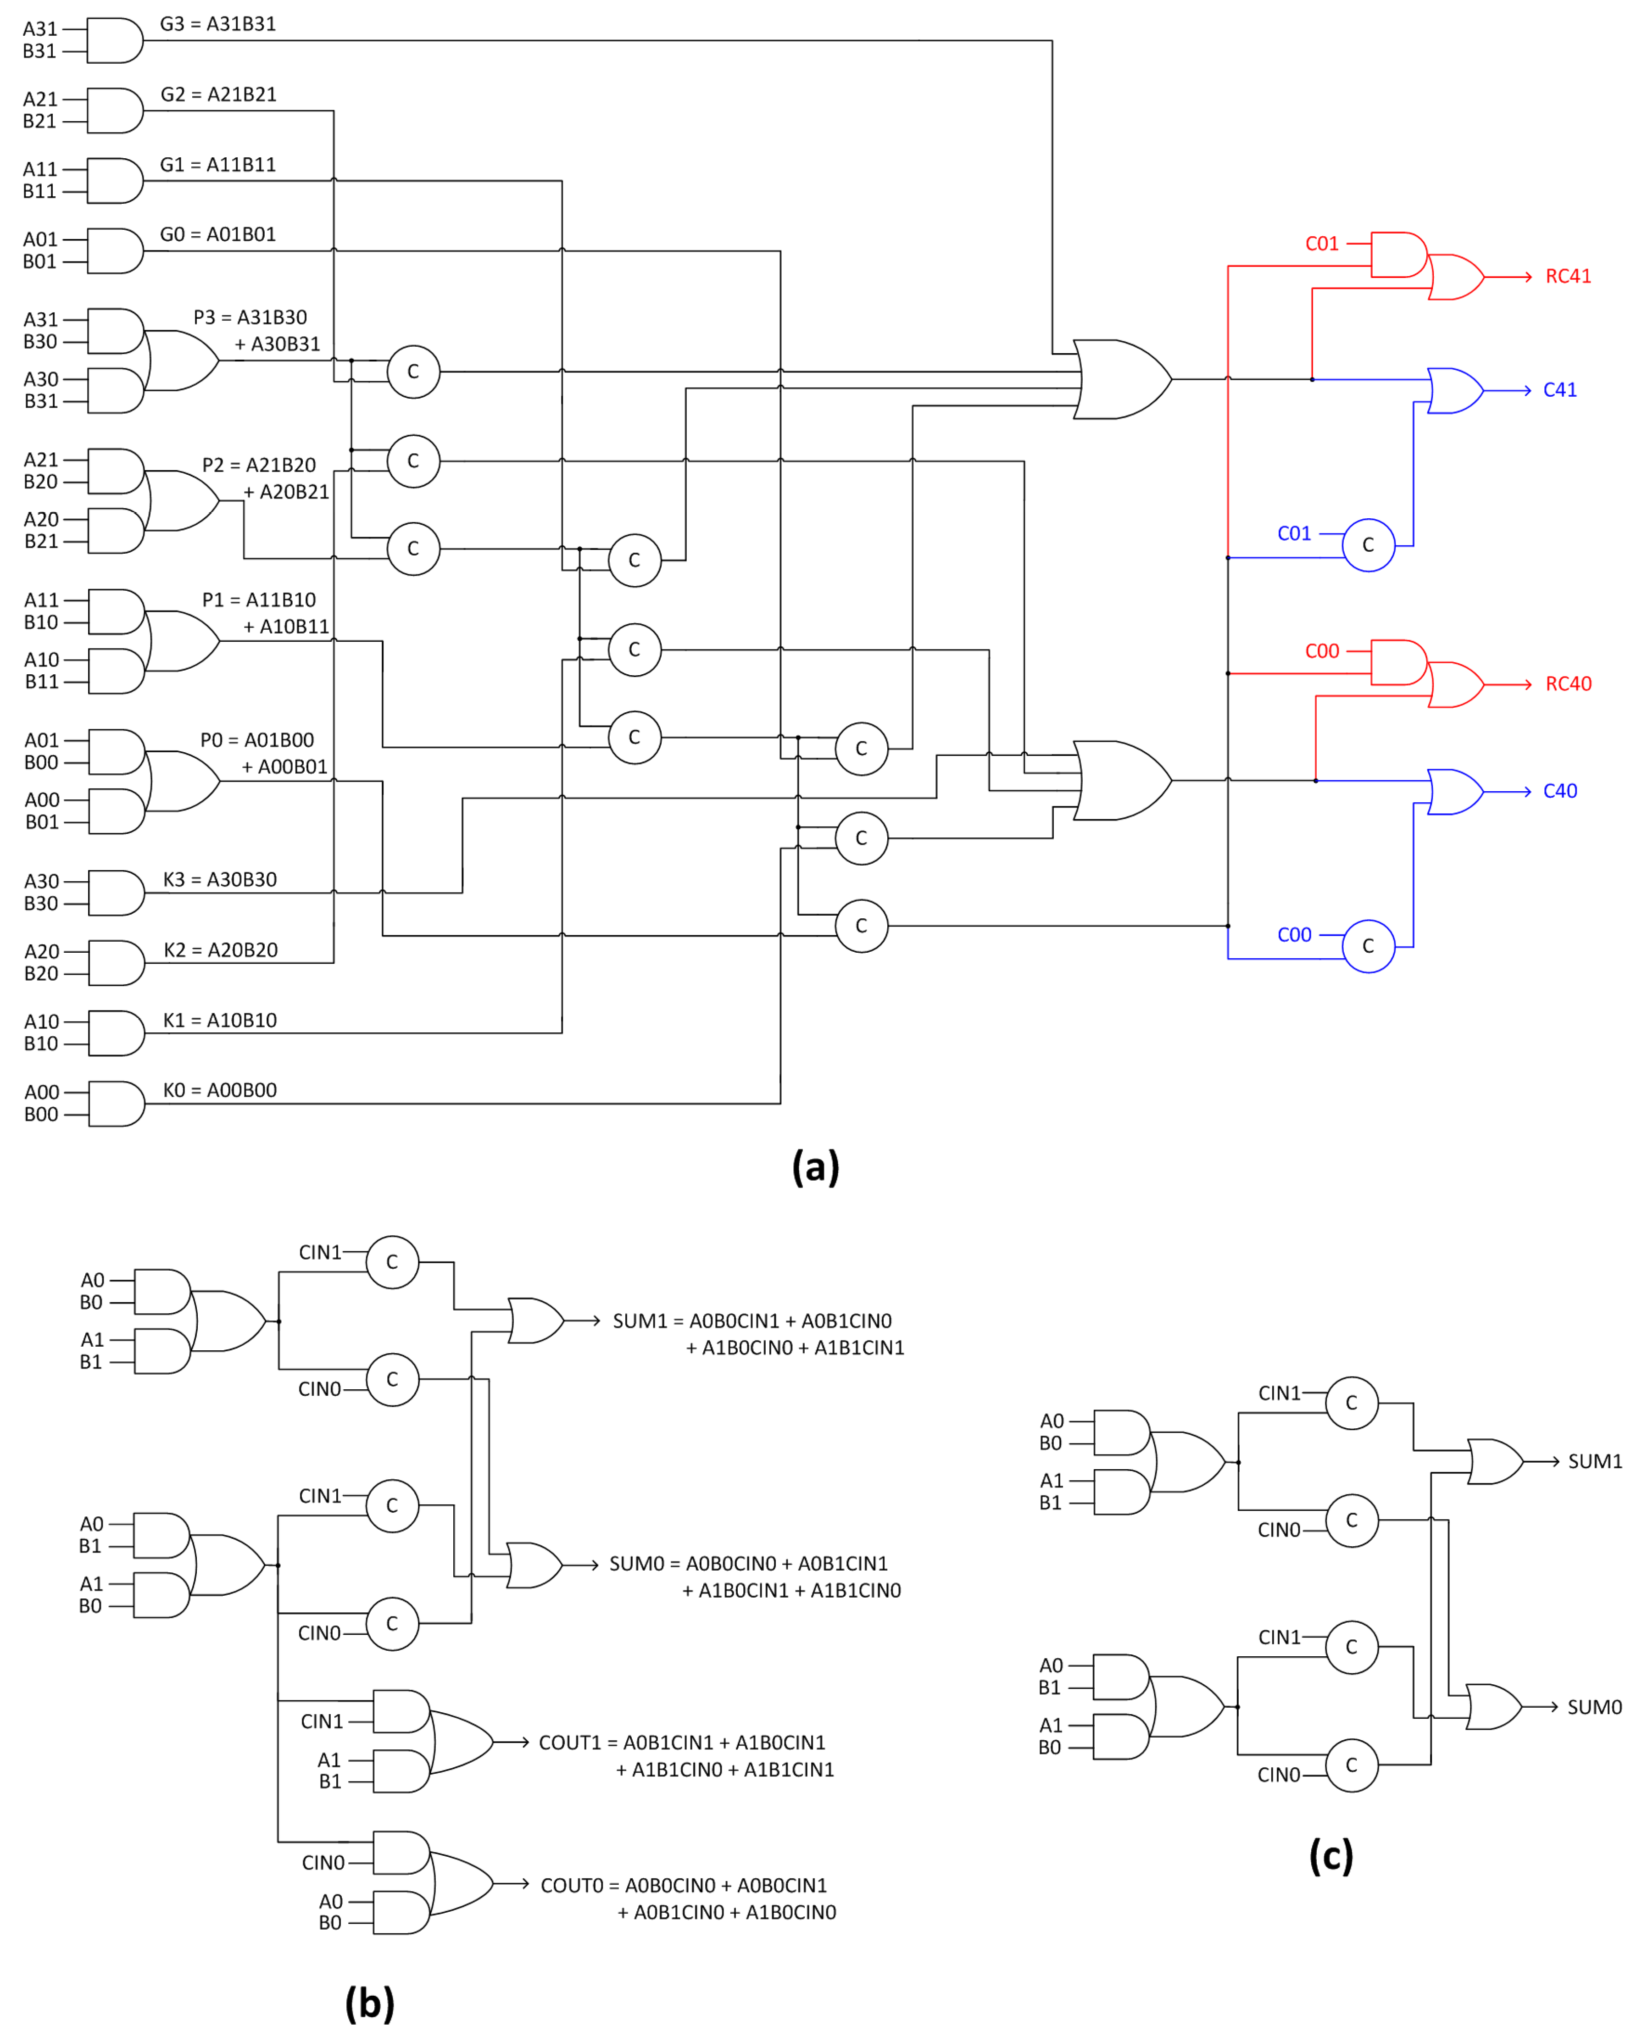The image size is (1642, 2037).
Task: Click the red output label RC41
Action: [x=1567, y=276]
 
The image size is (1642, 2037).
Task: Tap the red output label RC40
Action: [x=1567, y=684]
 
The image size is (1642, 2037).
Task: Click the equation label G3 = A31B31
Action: [x=217, y=24]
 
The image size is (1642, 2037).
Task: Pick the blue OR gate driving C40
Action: [x=1454, y=792]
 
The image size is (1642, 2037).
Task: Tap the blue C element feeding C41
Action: [x=1368, y=545]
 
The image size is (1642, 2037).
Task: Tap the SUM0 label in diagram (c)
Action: [x=1594, y=1707]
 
